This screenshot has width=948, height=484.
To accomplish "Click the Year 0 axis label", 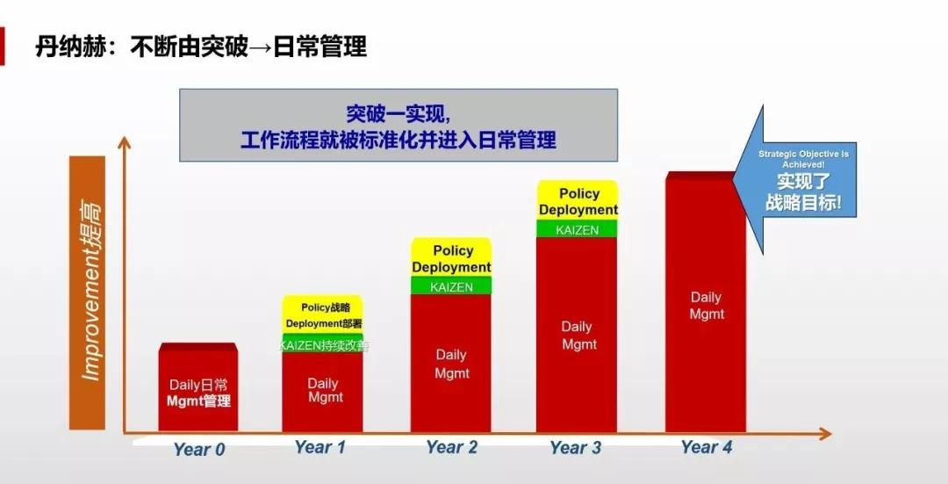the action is coord(199,450).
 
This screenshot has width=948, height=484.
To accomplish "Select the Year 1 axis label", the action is coord(320,447).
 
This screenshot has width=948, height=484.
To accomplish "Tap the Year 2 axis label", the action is coord(452,447).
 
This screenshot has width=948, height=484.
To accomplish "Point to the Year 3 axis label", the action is coord(576,448).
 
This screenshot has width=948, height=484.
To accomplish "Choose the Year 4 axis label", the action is coord(706,447).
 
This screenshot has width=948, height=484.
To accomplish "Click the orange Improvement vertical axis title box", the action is coord(88,293).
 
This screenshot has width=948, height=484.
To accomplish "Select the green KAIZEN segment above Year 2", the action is coord(451,286).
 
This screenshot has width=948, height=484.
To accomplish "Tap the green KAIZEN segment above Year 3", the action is coord(577,229).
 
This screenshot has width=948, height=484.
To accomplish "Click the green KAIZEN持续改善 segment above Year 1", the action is coord(323,344).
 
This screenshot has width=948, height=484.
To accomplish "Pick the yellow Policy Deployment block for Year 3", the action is coord(578,201).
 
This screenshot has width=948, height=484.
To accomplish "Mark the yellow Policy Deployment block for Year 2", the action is coord(451,257).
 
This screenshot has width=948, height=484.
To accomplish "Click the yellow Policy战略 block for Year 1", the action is coord(323,314).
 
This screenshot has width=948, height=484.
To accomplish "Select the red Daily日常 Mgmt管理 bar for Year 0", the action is coord(198,387).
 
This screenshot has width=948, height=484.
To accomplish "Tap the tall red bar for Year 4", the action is coord(706,302).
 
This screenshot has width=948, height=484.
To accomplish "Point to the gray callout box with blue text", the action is coord(399,126).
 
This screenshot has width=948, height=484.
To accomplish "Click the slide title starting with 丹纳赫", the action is coord(201,47).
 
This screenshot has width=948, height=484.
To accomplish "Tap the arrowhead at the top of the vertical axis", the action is coord(125,141).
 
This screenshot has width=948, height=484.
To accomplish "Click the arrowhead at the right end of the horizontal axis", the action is coord(826,433).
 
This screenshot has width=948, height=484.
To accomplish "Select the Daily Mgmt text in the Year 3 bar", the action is coord(578,336).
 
